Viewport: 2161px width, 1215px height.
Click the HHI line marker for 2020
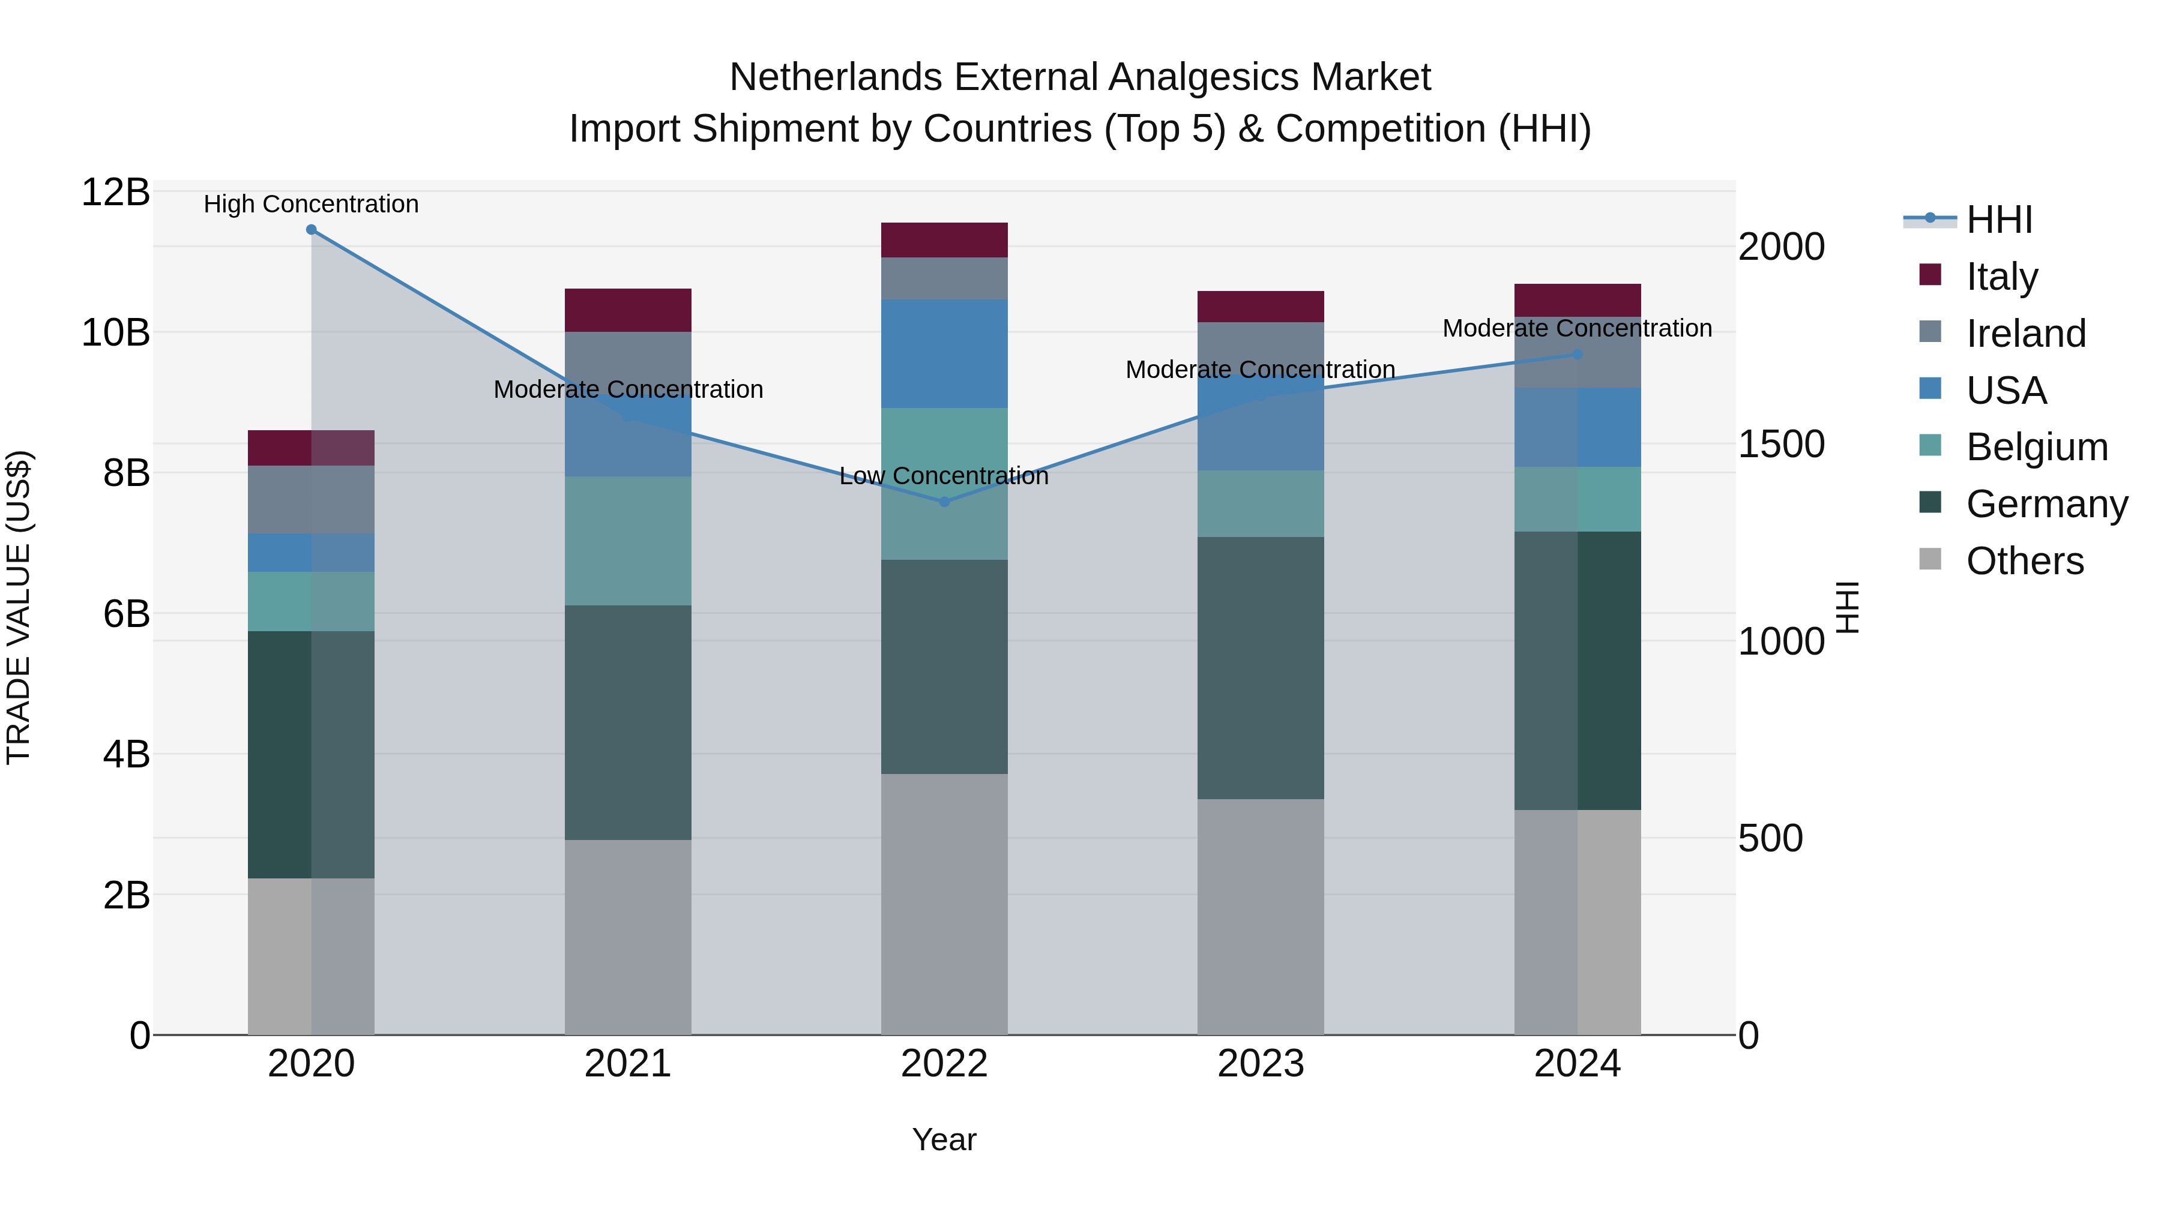(x=311, y=230)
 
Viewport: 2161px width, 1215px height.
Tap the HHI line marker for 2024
(x=1577, y=355)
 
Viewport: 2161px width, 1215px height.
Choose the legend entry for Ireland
(x=2025, y=334)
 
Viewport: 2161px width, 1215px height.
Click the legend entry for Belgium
(x=2036, y=448)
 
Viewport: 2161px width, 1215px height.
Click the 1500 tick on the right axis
(x=1780, y=445)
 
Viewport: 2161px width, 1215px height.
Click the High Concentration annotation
(x=311, y=205)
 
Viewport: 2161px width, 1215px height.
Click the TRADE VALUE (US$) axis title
(x=19, y=607)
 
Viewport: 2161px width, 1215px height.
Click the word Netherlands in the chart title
(x=836, y=78)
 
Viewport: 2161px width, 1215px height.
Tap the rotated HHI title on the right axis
(x=1847, y=607)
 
